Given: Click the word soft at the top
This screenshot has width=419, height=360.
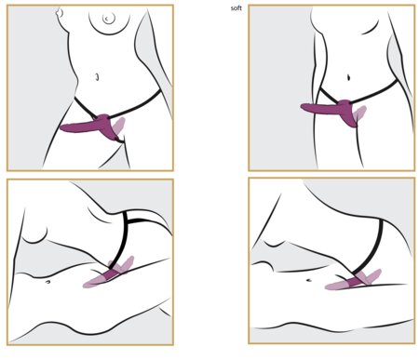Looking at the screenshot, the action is [237, 8].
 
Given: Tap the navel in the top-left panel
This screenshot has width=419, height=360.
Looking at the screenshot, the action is [97, 76].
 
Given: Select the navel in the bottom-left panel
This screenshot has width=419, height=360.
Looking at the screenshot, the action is [47, 282].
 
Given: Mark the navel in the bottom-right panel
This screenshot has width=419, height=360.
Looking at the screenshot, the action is [309, 280].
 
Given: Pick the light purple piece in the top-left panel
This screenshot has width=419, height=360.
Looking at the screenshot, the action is [119, 125].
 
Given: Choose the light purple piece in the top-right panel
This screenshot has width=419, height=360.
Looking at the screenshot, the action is [361, 113].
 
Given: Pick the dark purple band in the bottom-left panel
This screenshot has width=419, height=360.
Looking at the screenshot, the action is [110, 274].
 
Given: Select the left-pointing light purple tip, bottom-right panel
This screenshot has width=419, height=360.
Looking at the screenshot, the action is [335, 286].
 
